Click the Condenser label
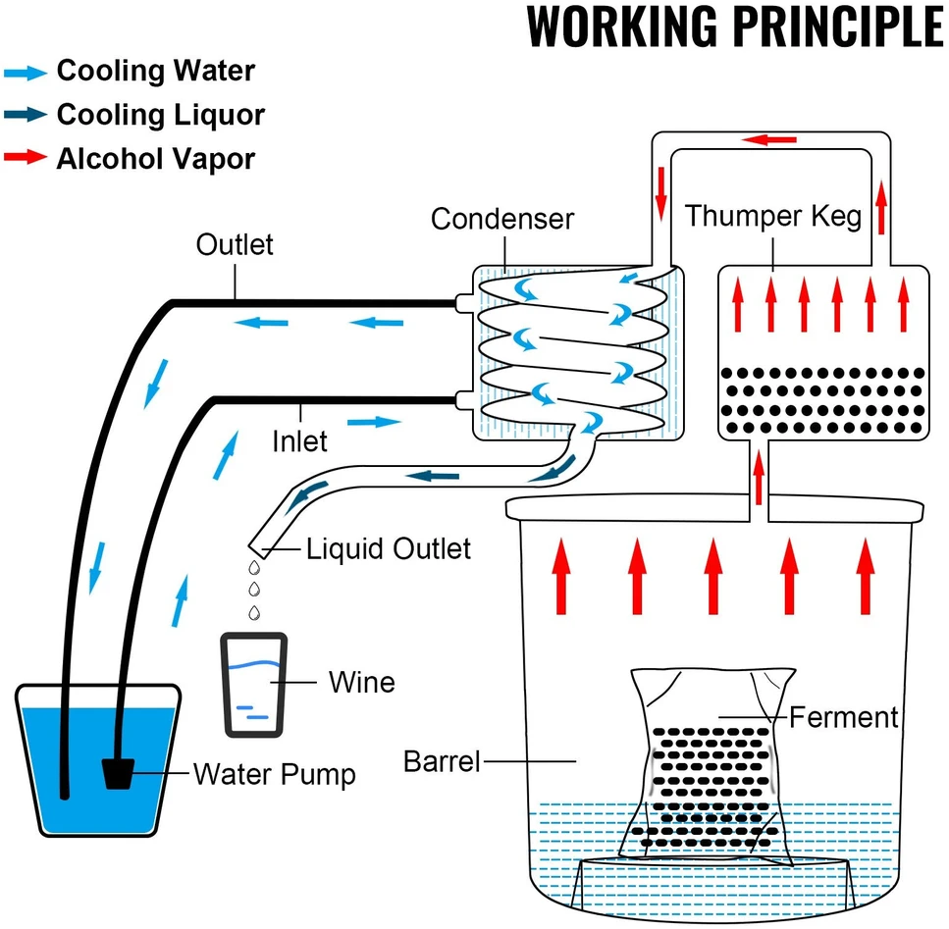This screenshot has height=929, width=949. [501, 219]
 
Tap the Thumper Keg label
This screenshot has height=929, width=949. [773, 216]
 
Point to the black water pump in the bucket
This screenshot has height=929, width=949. [118, 774]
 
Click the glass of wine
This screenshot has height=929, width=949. [254, 685]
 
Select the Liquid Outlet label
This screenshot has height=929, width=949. [388, 548]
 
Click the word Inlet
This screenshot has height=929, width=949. [299, 440]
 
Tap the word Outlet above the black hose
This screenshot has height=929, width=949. [235, 244]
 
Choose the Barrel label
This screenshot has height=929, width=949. [442, 761]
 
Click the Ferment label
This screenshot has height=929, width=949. [843, 717]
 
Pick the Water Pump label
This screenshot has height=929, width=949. [274, 775]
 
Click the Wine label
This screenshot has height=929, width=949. [361, 682]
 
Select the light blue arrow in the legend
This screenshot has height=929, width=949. [26, 74]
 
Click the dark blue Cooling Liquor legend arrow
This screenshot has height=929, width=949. [26, 115]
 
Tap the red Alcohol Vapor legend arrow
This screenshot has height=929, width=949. [26, 157]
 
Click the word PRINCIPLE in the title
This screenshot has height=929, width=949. [839, 26]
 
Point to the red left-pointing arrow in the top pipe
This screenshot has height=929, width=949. [768, 140]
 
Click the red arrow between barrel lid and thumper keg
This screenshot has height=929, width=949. [759, 478]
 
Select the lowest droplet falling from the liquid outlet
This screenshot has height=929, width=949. [255, 612]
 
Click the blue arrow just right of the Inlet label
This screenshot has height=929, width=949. [374, 422]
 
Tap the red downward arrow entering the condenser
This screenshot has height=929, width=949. [661, 194]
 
